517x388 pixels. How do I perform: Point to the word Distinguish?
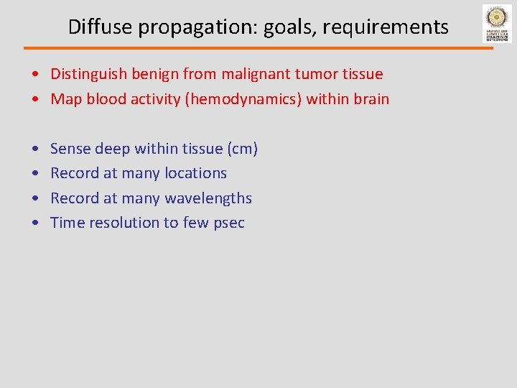point(89,74)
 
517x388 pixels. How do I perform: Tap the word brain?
point(371,99)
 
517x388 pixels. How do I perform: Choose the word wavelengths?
point(208,198)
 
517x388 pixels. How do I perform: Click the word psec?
point(229,223)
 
